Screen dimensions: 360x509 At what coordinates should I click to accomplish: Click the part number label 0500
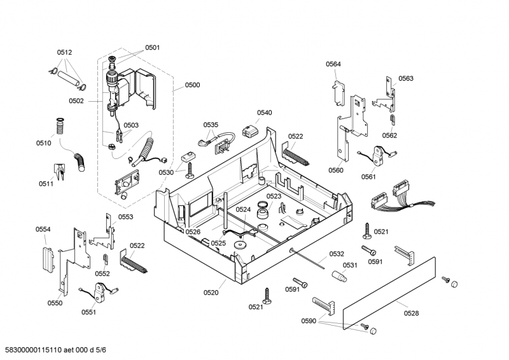[x=193, y=85]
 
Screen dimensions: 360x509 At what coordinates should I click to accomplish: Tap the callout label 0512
[x=64, y=52]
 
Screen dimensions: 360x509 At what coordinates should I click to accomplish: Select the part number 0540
[x=265, y=113]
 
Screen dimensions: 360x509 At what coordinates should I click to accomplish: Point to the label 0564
[x=333, y=64]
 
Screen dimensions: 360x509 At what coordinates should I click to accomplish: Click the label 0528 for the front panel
[x=412, y=312]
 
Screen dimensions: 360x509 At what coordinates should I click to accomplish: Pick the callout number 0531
[x=351, y=265]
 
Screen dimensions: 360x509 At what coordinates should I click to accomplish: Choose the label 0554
[x=43, y=229]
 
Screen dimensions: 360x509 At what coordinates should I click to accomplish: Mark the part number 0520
[x=211, y=293]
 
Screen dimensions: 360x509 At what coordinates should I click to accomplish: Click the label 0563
[x=406, y=78]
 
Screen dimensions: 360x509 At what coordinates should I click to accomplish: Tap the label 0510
[x=43, y=143]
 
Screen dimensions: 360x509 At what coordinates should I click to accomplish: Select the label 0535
[x=211, y=125]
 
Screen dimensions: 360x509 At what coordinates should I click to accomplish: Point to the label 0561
[x=369, y=177]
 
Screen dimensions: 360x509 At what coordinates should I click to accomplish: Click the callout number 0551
[x=88, y=312]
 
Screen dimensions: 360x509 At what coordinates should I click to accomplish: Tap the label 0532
[x=337, y=254]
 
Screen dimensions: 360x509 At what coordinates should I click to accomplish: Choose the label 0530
[x=166, y=172]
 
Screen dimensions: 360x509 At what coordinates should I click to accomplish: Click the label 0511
[x=46, y=184]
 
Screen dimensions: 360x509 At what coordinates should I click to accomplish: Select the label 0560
[x=336, y=170]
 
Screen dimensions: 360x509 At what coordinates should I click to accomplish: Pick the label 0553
[x=125, y=217]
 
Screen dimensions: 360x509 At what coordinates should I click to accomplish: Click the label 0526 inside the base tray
[x=193, y=232]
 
